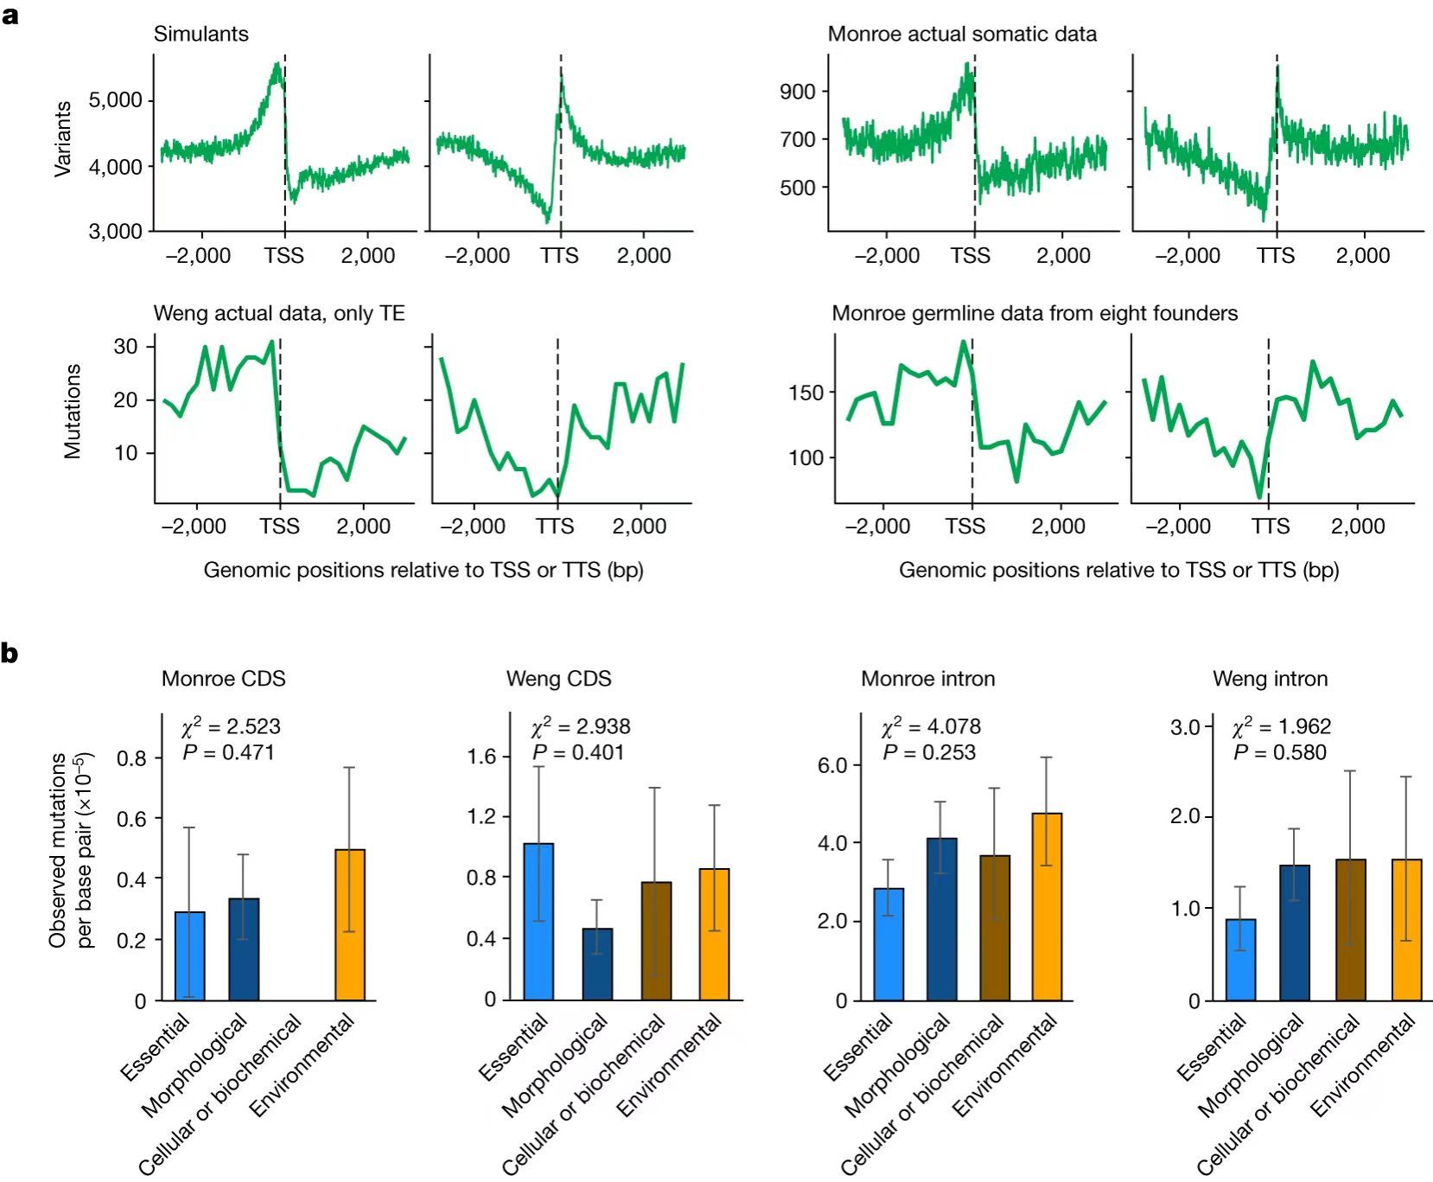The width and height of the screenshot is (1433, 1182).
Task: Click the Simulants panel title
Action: tap(201, 34)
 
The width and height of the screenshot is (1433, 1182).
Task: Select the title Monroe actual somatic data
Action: tap(962, 34)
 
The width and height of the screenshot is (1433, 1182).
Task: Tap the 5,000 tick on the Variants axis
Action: tap(115, 100)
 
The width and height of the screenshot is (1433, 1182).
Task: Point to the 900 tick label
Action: tap(798, 92)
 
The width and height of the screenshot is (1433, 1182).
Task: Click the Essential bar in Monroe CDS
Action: tap(190, 955)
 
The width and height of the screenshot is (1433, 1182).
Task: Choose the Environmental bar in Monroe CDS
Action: tap(350, 924)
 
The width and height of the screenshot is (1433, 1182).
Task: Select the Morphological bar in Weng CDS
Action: tap(597, 964)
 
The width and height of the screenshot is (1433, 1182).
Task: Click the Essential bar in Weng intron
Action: tap(1240, 959)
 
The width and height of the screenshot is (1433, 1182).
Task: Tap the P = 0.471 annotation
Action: tap(228, 752)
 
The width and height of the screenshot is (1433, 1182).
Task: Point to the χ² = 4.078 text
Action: tap(931, 726)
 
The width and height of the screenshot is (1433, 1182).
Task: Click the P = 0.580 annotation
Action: tap(1279, 752)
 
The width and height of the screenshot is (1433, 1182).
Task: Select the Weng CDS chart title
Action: tap(558, 679)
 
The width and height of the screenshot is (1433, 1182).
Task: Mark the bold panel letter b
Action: tap(10, 654)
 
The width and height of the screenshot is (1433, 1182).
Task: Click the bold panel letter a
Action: tap(10, 16)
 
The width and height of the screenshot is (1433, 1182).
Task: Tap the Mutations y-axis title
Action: tap(73, 411)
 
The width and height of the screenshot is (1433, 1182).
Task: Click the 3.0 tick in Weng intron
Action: tap(1185, 726)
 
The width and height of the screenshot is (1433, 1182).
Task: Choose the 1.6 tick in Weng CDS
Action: tap(482, 757)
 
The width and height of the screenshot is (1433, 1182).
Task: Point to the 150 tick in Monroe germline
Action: tap(806, 393)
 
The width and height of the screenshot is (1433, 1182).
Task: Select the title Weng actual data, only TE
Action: tap(279, 313)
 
